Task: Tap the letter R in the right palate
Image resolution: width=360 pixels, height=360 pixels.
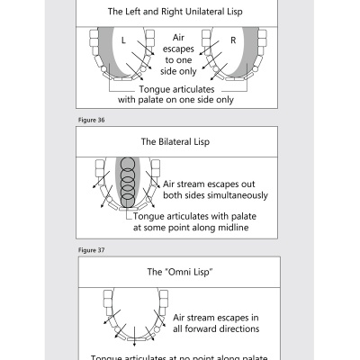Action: click(x=233, y=41)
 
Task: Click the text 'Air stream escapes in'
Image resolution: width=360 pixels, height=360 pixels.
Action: click(x=217, y=318)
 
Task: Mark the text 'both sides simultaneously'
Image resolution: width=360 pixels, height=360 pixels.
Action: click(x=215, y=195)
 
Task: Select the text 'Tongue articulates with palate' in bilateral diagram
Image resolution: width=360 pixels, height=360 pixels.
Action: click(x=201, y=216)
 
